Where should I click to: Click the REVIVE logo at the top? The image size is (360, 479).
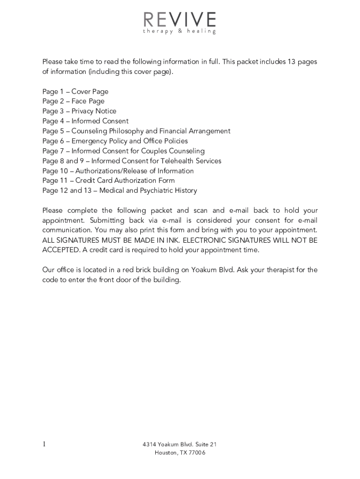[x=180, y=20]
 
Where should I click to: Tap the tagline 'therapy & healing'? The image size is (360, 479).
[x=180, y=31]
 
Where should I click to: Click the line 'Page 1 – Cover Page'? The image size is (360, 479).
[x=75, y=92]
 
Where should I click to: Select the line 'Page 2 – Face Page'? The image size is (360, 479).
[x=73, y=102]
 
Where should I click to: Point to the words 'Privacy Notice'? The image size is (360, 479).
[x=94, y=111]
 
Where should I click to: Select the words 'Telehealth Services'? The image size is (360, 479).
[x=191, y=161]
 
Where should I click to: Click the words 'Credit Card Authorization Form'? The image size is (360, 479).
[x=125, y=181]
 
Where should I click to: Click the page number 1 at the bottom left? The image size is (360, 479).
[x=44, y=444]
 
